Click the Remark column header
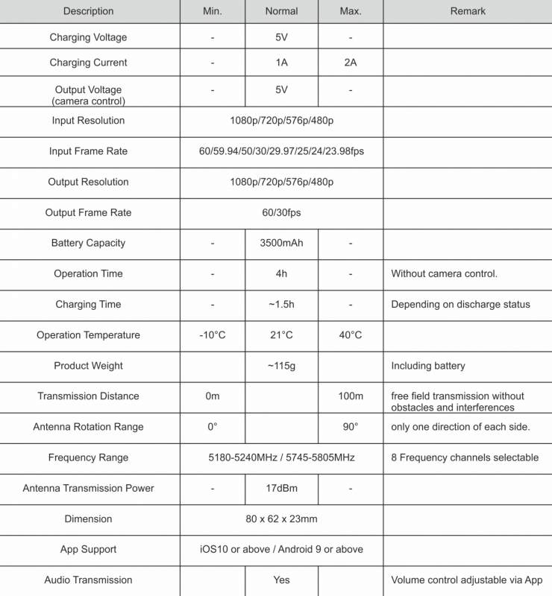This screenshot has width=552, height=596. [x=468, y=11]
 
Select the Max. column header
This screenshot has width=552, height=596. [x=350, y=11]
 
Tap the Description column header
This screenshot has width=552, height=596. [x=89, y=11]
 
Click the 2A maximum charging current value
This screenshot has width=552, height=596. [x=350, y=63]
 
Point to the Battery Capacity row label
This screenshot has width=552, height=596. [x=88, y=243]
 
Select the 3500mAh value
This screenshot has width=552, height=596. [x=281, y=243]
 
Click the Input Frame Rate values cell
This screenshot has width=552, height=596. [x=281, y=151]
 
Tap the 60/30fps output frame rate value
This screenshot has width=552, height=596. [x=281, y=212]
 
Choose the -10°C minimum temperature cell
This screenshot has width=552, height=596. [x=213, y=335]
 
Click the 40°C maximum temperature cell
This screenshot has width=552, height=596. [x=350, y=335]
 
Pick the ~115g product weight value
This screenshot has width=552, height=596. [x=281, y=366]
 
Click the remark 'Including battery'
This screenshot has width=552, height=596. [x=428, y=366]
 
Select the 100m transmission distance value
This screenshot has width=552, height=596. [x=350, y=396]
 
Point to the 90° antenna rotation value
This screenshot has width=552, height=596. [x=350, y=427]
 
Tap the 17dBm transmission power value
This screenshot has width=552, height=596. [x=281, y=489]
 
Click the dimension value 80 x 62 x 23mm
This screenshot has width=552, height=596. [x=281, y=519]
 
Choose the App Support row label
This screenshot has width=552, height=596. [x=88, y=550]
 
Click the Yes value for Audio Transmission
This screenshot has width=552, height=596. [x=281, y=580]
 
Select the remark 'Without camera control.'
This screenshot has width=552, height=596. [x=444, y=273]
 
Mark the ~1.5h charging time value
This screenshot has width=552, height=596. [x=281, y=304]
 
